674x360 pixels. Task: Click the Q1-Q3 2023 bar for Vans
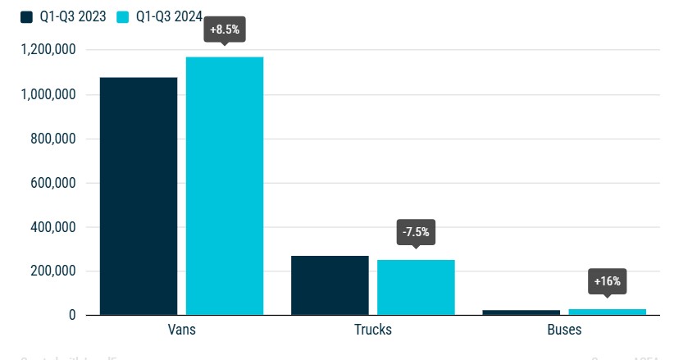[138, 196]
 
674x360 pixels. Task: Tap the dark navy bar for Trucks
[330, 285]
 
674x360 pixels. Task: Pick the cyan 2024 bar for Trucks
[416, 287]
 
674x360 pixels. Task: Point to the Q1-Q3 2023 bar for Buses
[521, 312]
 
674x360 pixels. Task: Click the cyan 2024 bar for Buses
[608, 312]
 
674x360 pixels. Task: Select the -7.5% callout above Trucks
[416, 232]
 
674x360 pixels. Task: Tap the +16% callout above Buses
[608, 282]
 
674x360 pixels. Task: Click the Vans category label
[180, 330]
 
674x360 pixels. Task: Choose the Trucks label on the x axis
[372, 330]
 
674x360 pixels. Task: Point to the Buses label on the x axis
[565, 330]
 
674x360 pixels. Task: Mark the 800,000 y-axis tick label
[53, 139]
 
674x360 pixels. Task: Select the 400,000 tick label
[53, 227]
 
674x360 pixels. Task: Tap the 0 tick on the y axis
[72, 316]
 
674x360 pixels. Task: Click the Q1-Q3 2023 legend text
[73, 16]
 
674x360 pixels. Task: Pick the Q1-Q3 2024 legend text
[170, 16]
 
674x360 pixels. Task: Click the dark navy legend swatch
[27, 16]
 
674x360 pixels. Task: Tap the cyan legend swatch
[124, 16]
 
